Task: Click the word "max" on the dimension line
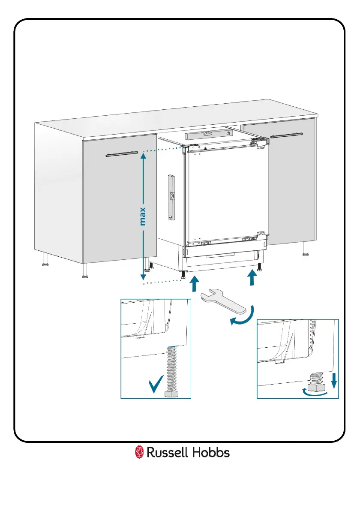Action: pyautogui.click(x=143, y=216)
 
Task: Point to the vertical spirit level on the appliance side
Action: pyautogui.click(x=172, y=198)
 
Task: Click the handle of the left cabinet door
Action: pyautogui.click(x=122, y=153)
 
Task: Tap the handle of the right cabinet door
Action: pyautogui.click(x=290, y=136)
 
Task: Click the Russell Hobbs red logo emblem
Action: pyautogui.click(x=139, y=452)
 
